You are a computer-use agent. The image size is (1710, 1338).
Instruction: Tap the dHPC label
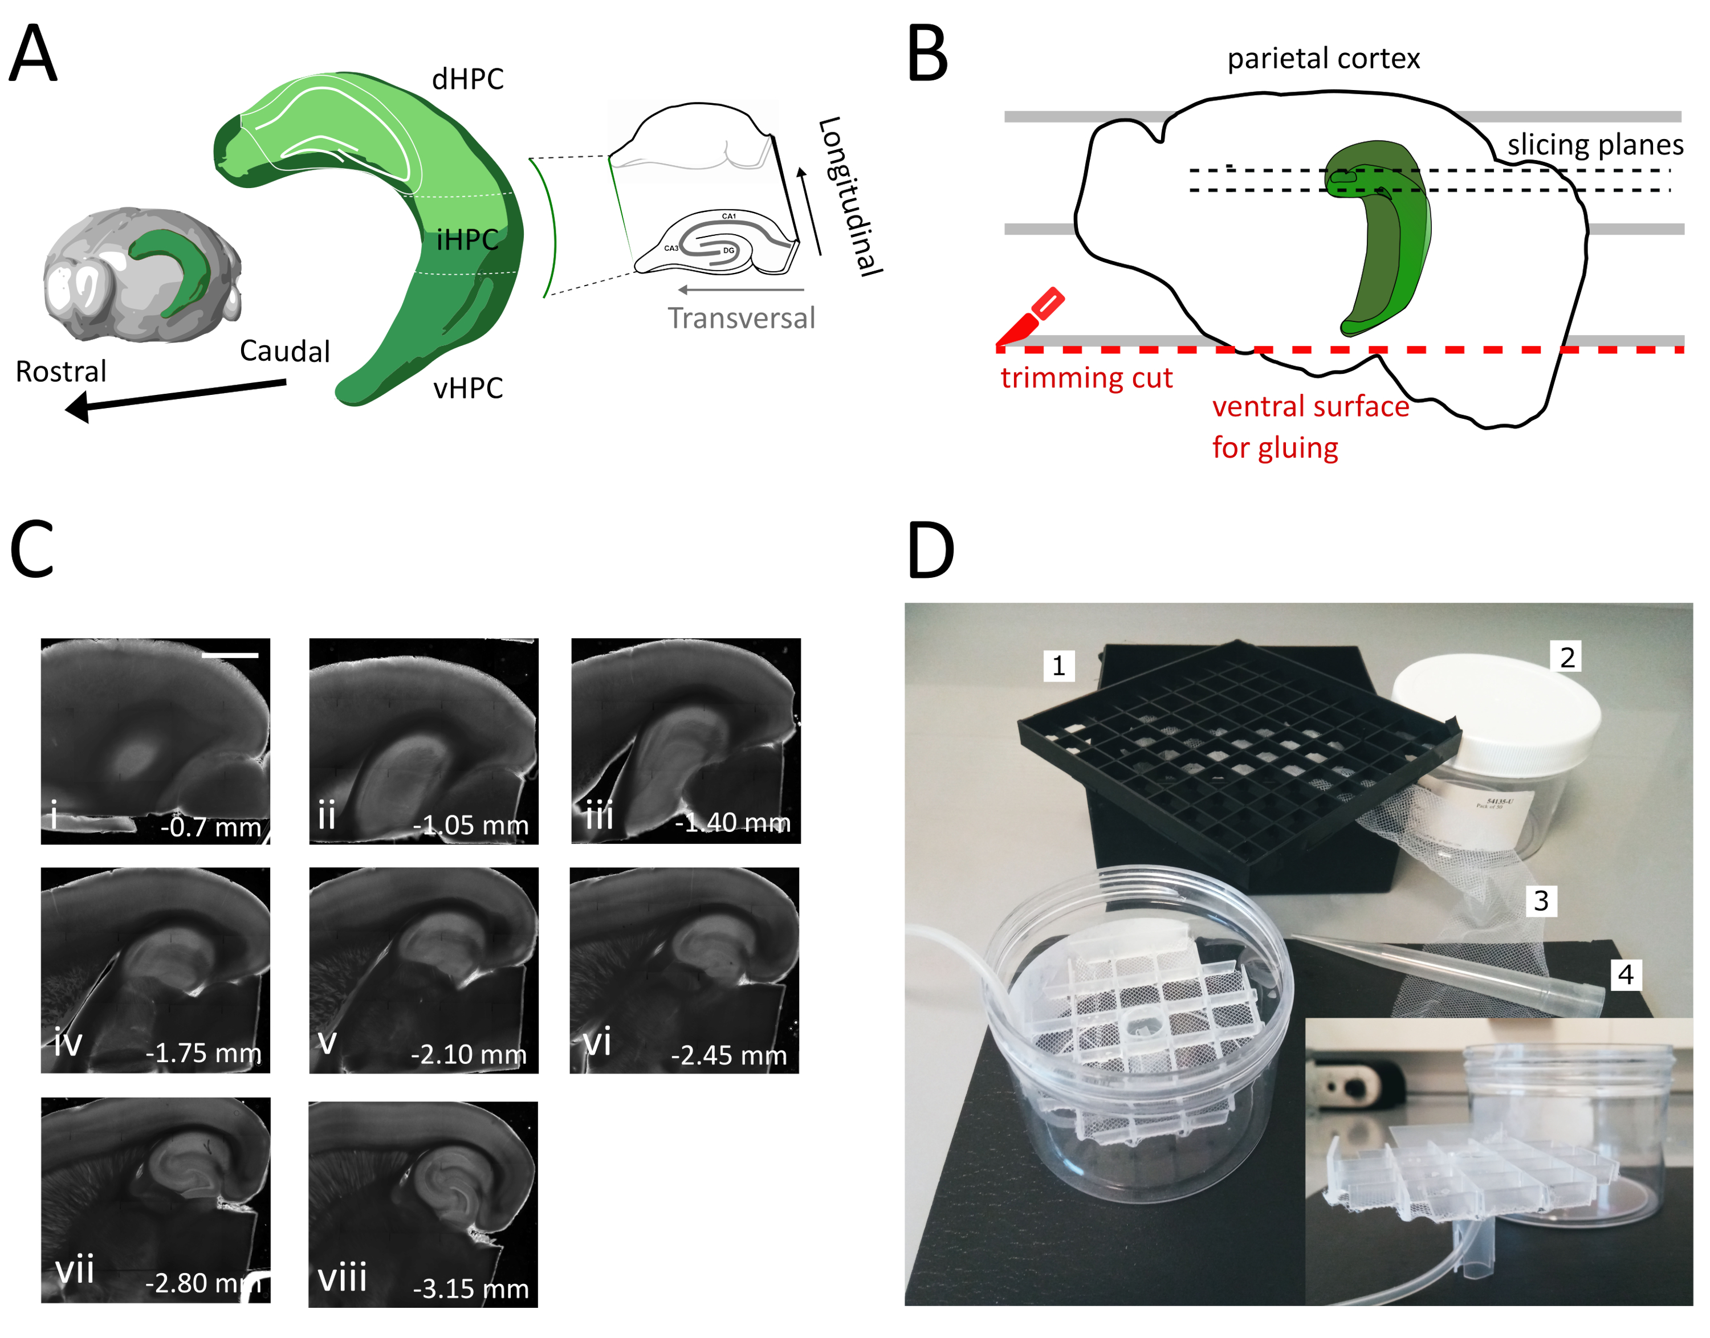(x=468, y=79)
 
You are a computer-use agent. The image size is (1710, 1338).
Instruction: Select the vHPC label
(x=468, y=387)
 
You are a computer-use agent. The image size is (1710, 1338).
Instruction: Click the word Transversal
(x=740, y=318)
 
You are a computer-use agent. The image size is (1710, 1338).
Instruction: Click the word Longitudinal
(x=850, y=196)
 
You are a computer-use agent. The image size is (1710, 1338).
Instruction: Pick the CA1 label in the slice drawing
(x=729, y=215)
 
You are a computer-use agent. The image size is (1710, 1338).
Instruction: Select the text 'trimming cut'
(x=1086, y=378)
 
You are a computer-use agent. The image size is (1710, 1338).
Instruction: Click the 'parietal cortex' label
(x=1323, y=59)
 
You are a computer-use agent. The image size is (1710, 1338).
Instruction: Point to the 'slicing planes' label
(x=1595, y=145)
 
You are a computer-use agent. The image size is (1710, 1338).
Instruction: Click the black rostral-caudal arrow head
(x=78, y=407)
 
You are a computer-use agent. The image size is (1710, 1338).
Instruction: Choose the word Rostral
(x=61, y=372)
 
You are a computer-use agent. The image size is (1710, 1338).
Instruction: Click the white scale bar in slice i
(x=230, y=654)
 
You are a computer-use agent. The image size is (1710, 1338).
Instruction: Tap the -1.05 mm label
(x=470, y=825)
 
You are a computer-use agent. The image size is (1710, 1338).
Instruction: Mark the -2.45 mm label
(x=729, y=1055)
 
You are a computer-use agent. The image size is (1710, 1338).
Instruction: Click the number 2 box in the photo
(x=1566, y=657)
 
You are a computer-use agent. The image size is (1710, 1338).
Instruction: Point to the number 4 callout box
(x=1626, y=974)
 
